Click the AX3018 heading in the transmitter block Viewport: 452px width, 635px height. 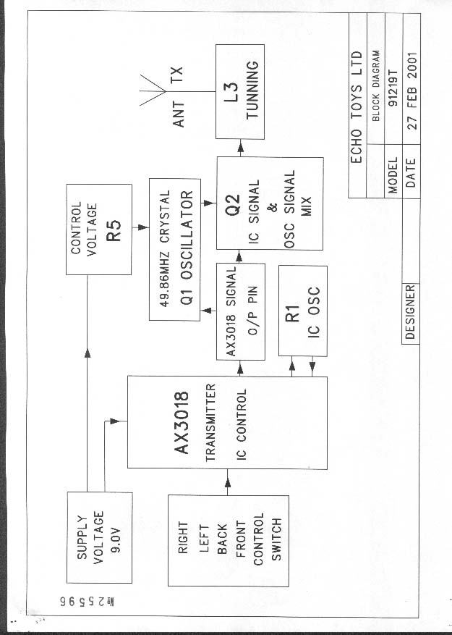point(181,423)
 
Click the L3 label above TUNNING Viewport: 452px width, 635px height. point(232,93)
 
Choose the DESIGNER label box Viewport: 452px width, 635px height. point(410,312)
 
